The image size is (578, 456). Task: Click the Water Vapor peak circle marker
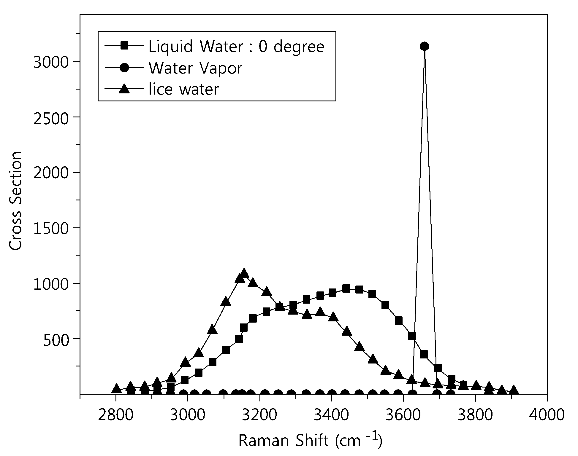[425, 46]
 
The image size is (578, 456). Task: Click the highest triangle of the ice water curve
[244, 273]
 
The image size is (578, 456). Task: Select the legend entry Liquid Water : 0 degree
[236, 47]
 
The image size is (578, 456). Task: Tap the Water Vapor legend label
[195, 68]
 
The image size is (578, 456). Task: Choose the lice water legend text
[183, 89]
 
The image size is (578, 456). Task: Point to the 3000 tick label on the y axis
[51, 63]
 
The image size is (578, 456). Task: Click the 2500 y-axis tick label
[51, 118]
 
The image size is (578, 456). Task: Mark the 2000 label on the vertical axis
[51, 173]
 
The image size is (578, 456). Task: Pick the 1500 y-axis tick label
[51, 229]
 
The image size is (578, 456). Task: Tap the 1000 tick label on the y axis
[51, 284]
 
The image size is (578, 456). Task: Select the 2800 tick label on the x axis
[115, 415]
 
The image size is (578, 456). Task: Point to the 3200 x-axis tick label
[259, 415]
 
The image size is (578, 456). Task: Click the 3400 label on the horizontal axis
[331, 415]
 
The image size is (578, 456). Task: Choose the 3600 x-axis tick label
[403, 415]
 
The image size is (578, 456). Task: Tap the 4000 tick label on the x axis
[547, 415]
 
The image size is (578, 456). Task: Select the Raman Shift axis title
[310, 440]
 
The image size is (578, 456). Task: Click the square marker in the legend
[124, 46]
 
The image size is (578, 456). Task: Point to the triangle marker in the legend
[124, 89]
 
